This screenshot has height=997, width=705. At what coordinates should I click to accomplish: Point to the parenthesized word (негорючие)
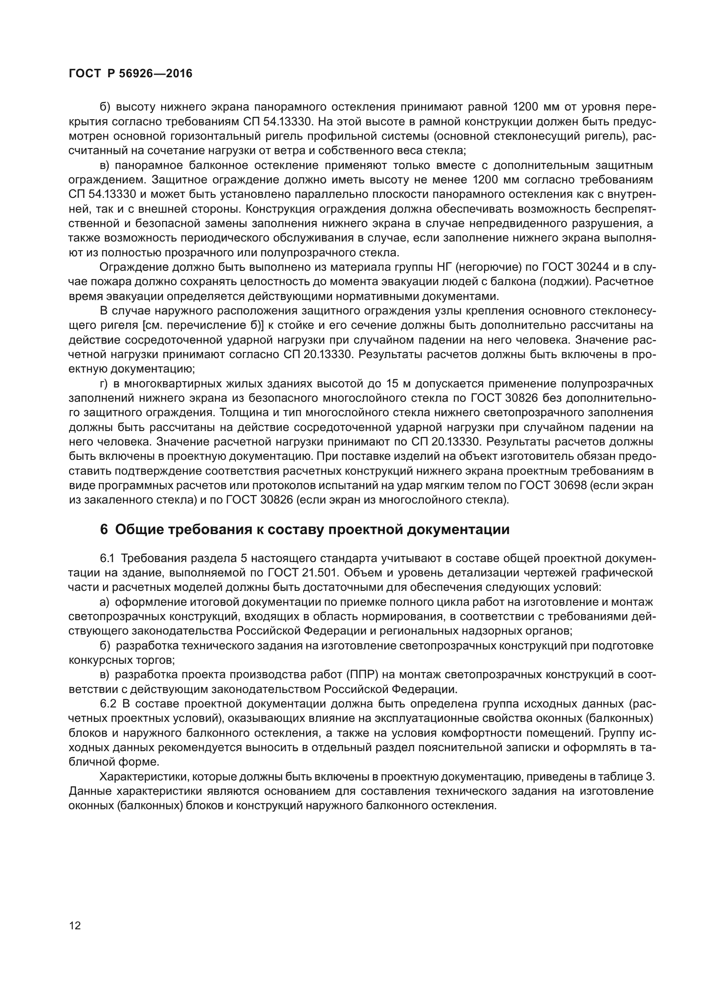coord(489,267)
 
